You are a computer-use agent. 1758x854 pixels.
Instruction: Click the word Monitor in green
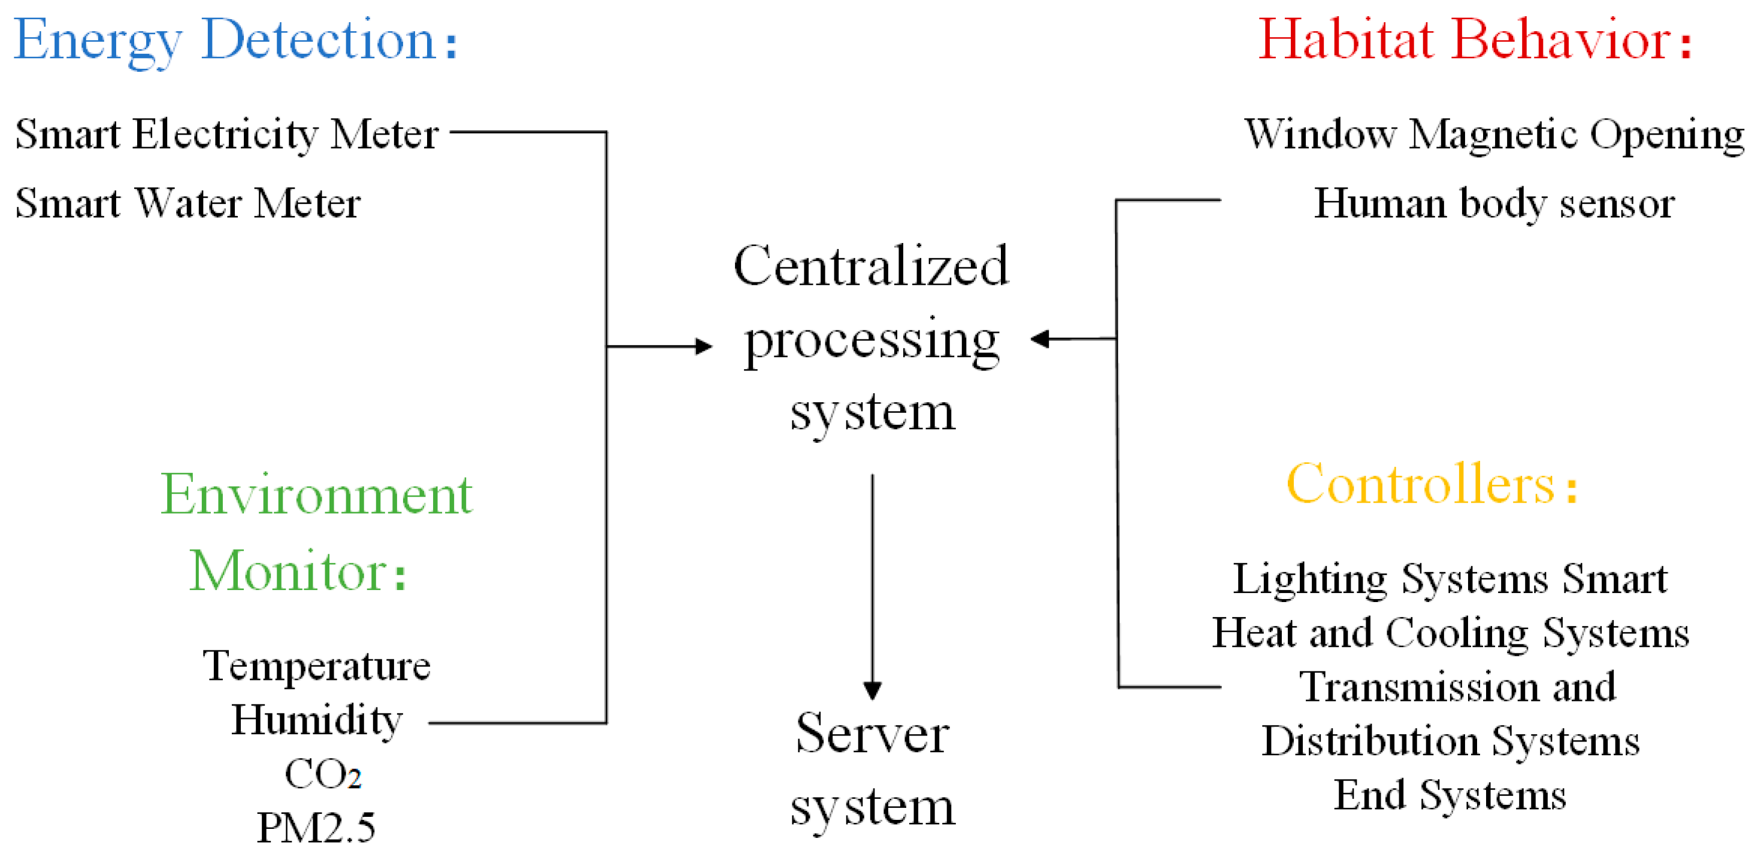pos(289,572)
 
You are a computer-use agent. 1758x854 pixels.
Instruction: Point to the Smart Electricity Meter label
pos(226,135)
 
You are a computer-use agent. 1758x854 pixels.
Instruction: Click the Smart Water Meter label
pos(187,204)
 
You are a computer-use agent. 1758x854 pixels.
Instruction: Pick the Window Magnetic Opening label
pos(1493,135)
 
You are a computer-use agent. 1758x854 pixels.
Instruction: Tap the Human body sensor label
pos(1493,204)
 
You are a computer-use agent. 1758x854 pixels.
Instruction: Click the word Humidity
pos(317,721)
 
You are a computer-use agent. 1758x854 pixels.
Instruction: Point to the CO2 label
pos(322,775)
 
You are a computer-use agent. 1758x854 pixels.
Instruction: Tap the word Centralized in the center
pos(871,267)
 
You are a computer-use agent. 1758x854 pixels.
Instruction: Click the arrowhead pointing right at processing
pos(704,347)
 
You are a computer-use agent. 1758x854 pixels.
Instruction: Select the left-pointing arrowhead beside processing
pos(1040,338)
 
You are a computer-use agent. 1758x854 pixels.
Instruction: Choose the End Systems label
pos(1450,796)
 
